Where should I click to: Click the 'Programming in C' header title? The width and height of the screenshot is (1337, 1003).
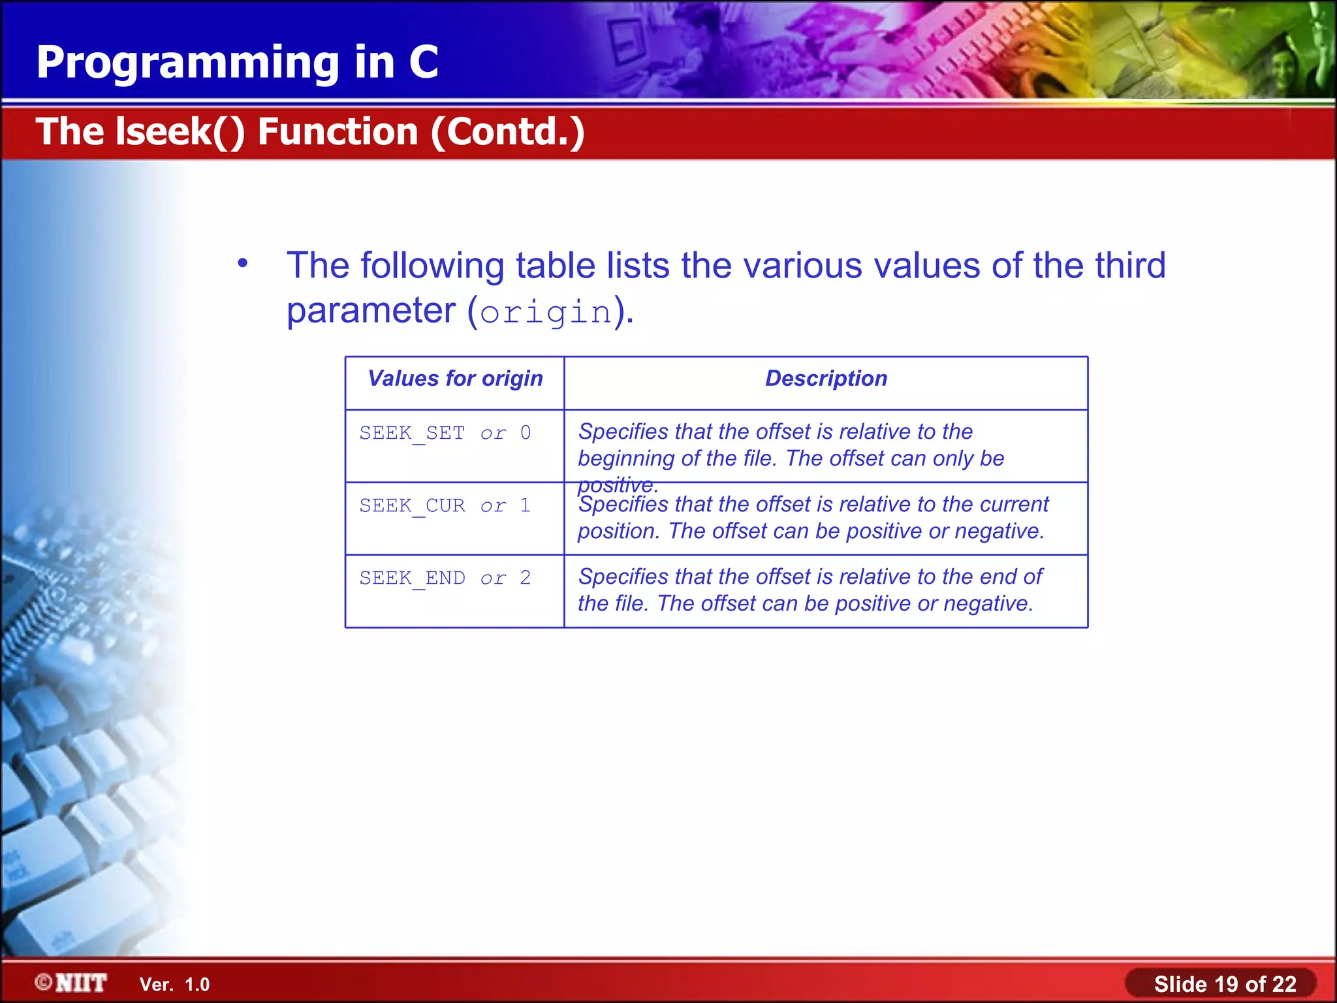click(x=237, y=63)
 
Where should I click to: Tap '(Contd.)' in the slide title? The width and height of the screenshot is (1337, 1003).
click(x=507, y=132)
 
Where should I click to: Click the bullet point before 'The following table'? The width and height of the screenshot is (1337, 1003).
click(x=243, y=263)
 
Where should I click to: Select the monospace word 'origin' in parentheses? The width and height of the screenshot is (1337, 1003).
click(x=546, y=312)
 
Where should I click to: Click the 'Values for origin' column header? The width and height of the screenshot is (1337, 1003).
click(x=455, y=379)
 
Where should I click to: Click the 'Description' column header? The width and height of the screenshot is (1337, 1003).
click(x=826, y=379)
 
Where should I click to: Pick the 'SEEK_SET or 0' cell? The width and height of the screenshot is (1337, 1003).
click(x=445, y=434)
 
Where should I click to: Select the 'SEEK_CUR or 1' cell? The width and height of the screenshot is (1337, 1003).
click(x=445, y=506)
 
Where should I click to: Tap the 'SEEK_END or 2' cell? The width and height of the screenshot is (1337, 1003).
click(x=445, y=579)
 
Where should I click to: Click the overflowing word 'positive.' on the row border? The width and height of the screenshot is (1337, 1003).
click(x=618, y=485)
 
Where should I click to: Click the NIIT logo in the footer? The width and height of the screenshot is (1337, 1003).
click(x=72, y=983)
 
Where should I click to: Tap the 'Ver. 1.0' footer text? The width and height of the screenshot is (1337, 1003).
click(x=174, y=985)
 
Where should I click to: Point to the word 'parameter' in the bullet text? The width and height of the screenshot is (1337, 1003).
click(x=371, y=311)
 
